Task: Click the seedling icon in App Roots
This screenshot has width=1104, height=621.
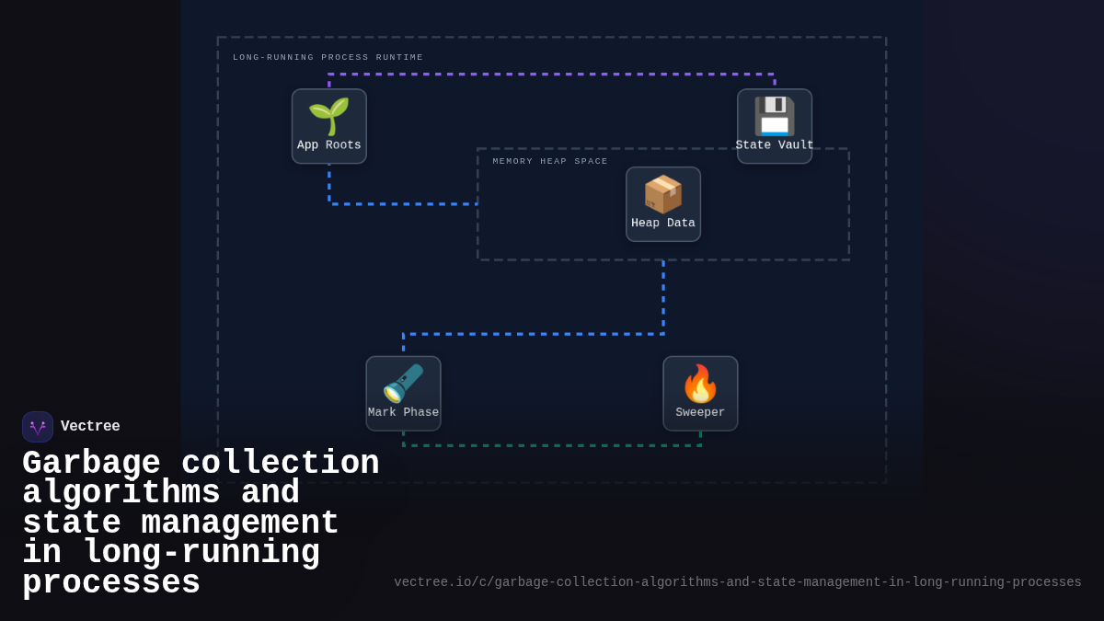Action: [x=328, y=116]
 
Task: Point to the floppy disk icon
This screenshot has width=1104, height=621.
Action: [x=774, y=116]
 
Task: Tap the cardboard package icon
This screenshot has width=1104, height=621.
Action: [x=662, y=194]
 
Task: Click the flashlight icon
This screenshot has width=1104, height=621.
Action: [x=403, y=384]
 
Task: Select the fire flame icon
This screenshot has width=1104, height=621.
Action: [x=700, y=384]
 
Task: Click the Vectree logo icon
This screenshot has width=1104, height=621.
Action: [x=38, y=427]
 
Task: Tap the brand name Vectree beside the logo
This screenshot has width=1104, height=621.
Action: [x=90, y=427]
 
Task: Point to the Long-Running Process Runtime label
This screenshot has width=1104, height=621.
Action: [x=328, y=58]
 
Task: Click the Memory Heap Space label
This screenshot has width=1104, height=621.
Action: [x=550, y=162]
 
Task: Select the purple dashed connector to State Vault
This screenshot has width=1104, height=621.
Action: [x=552, y=75]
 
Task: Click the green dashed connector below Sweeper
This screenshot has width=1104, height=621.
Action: [x=552, y=446]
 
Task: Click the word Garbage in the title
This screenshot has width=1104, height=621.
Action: [x=91, y=463]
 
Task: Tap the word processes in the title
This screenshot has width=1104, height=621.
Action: [x=111, y=583]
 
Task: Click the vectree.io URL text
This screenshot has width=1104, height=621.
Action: [x=737, y=582]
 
